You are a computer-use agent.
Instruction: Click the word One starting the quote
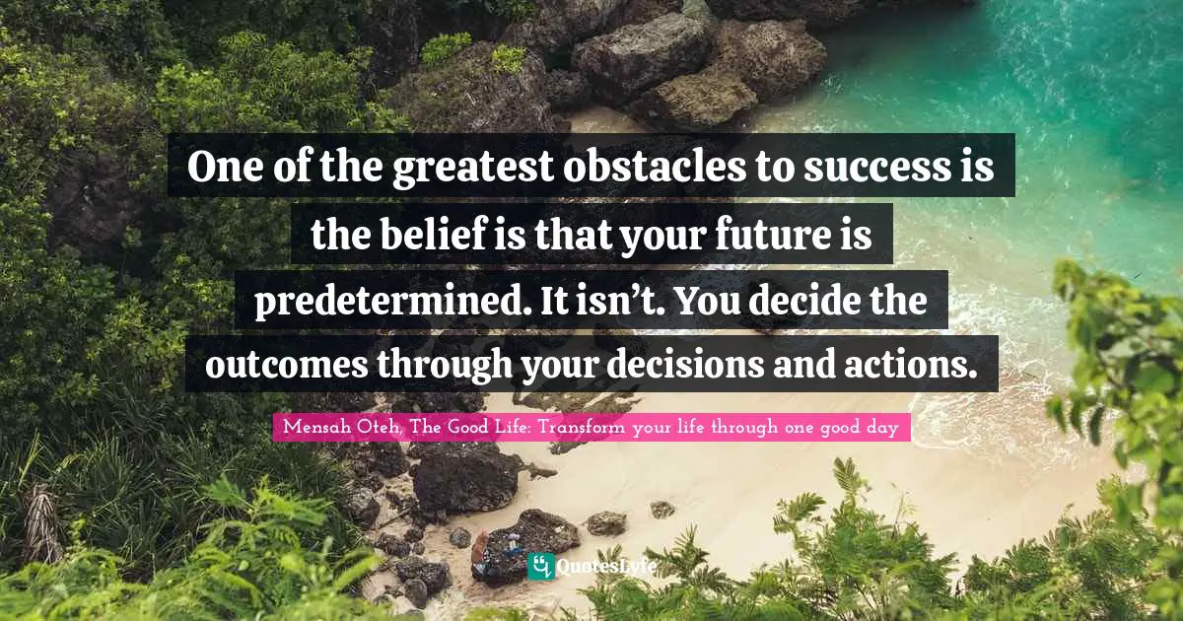[x=221, y=168]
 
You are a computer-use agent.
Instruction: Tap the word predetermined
[x=389, y=301]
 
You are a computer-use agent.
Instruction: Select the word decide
[x=807, y=301]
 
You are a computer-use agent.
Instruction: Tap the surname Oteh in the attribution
[x=375, y=427]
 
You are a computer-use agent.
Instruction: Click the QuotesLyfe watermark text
[x=605, y=566]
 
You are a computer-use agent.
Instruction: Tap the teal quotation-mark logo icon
[x=540, y=565]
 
